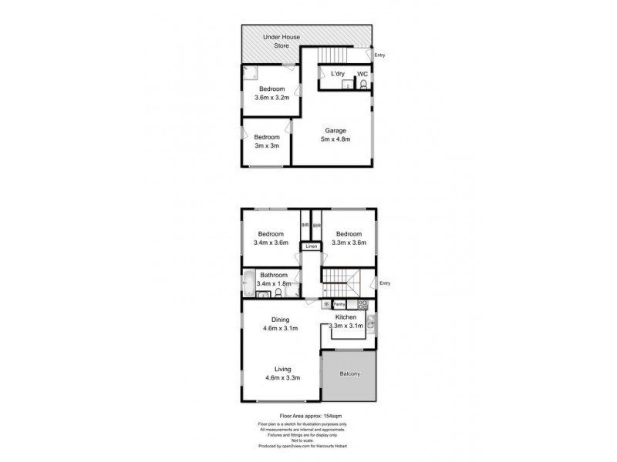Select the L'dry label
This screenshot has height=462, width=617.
click(x=337, y=74)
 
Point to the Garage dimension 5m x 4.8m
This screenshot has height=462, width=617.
click(x=335, y=139)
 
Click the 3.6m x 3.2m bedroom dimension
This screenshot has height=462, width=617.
click(x=271, y=98)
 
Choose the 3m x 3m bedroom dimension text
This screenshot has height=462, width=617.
click(x=267, y=146)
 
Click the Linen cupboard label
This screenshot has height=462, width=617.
click(x=311, y=246)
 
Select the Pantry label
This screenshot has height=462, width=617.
click(x=339, y=304)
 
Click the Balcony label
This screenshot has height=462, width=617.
click(x=350, y=374)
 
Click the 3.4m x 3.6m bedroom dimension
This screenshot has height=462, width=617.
click(x=271, y=243)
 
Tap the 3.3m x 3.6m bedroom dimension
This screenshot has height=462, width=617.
click(x=348, y=243)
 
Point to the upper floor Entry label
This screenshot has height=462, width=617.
click(x=385, y=283)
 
